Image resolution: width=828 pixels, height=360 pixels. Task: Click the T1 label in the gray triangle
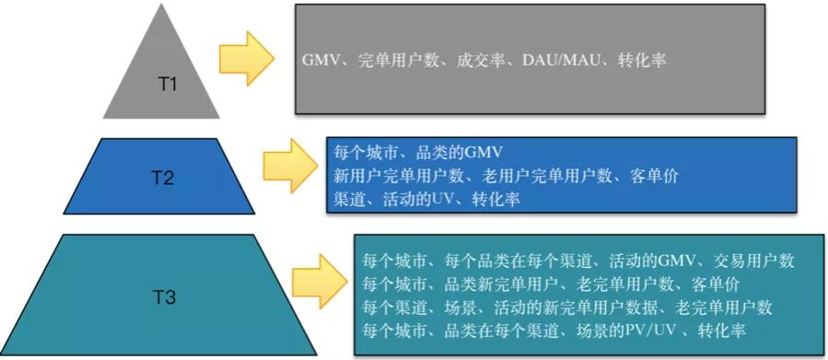pos(167,83)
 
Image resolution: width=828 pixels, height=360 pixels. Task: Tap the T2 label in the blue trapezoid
pos(163,178)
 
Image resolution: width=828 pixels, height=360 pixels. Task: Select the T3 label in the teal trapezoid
pos(164,296)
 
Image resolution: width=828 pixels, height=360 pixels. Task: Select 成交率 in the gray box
pos(483,60)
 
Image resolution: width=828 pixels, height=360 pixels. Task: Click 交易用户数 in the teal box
pos(756,261)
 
